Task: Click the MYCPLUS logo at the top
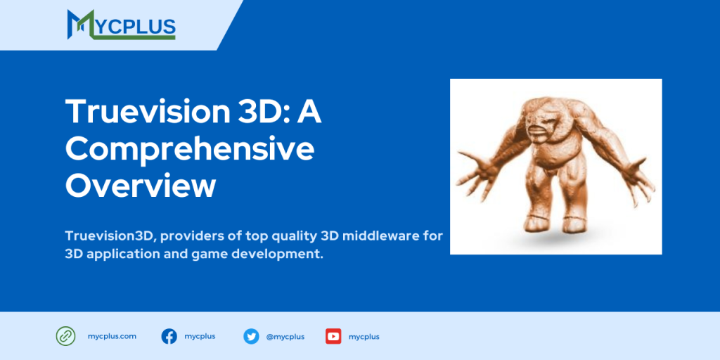121,25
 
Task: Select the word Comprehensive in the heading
189,149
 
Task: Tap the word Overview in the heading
140,186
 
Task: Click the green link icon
65,336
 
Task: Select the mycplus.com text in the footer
112,336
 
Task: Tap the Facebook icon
169,336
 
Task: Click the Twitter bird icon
251,336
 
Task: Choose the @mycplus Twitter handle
285,337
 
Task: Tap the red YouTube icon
333,336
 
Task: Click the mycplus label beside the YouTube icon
364,337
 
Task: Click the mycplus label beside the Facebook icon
200,336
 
